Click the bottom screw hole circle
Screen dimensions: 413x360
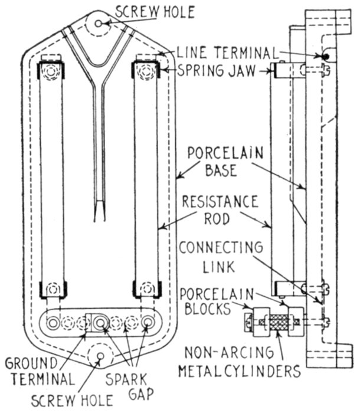tap(99, 356)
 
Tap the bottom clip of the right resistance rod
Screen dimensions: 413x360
tap(145, 290)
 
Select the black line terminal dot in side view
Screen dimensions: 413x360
tap(324, 57)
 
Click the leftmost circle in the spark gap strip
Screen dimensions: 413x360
tap(53, 323)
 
